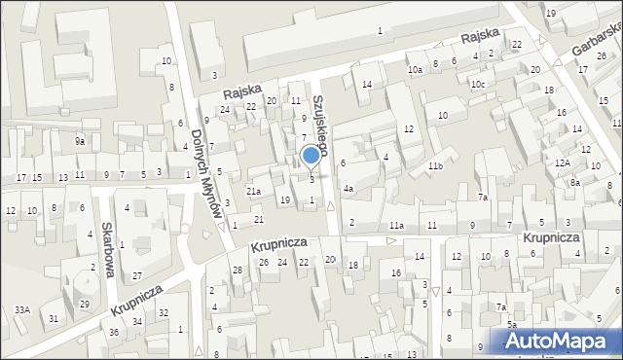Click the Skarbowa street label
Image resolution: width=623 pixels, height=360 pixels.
[x=109, y=249]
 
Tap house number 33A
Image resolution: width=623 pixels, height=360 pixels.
[x=21, y=309]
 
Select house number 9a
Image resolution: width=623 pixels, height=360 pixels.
[x=81, y=142]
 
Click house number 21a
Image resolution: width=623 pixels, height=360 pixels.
[x=253, y=192]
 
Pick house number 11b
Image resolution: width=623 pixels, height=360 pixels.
[x=434, y=167]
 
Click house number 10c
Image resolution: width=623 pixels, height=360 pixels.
[x=477, y=85]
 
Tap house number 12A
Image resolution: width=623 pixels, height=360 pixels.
[x=562, y=162]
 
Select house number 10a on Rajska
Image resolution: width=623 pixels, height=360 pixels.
[x=415, y=69]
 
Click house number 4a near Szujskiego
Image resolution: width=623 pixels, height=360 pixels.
[x=348, y=189]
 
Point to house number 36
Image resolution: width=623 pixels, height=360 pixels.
[x=114, y=333]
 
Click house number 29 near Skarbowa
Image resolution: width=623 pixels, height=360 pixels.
[x=85, y=305]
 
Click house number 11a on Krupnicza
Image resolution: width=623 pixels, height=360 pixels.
[x=396, y=226]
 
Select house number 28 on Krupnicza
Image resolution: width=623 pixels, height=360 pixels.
[x=238, y=269]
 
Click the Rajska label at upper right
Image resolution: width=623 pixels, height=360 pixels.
[x=481, y=35]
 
